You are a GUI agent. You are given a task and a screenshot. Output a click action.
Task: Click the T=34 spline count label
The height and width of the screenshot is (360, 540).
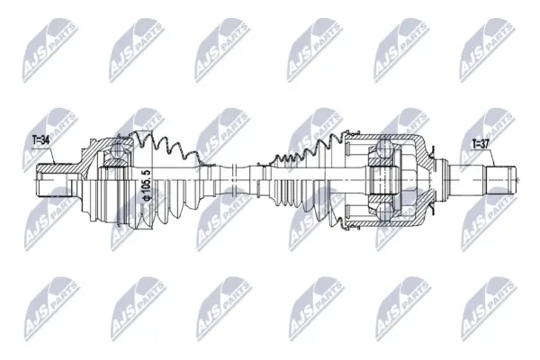(41, 140)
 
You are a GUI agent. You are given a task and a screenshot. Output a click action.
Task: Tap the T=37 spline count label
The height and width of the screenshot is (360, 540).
(481, 145)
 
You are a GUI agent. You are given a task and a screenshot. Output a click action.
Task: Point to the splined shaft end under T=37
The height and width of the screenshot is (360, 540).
(501, 180)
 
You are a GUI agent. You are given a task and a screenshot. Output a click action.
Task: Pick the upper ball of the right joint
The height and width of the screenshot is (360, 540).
(383, 147)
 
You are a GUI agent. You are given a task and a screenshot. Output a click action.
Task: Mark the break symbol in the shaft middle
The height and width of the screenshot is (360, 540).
(233, 180)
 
